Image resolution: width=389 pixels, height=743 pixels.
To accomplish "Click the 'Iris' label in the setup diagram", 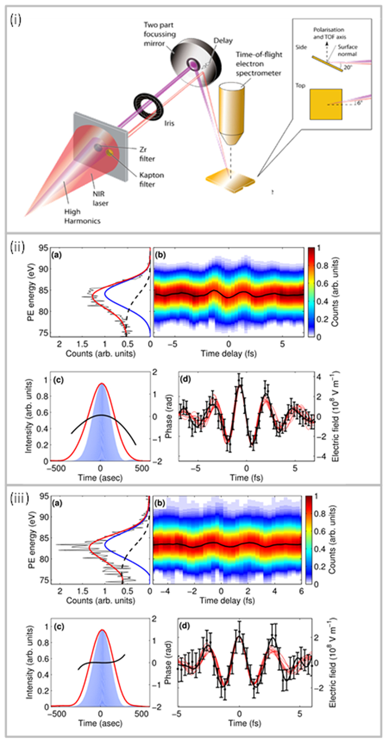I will [169, 124].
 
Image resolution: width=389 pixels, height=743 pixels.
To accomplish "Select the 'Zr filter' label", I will [147, 154].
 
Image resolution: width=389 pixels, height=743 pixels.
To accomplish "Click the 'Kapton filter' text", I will [151, 180].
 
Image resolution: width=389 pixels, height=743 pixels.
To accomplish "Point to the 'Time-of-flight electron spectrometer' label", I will [258, 64].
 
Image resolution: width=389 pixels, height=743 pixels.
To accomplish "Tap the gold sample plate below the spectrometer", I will [230, 181].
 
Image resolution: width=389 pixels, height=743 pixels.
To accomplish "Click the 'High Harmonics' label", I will [82, 216].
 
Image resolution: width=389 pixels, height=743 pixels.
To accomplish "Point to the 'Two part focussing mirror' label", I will [160, 34].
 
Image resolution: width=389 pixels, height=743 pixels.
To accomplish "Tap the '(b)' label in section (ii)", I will [160, 255].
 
